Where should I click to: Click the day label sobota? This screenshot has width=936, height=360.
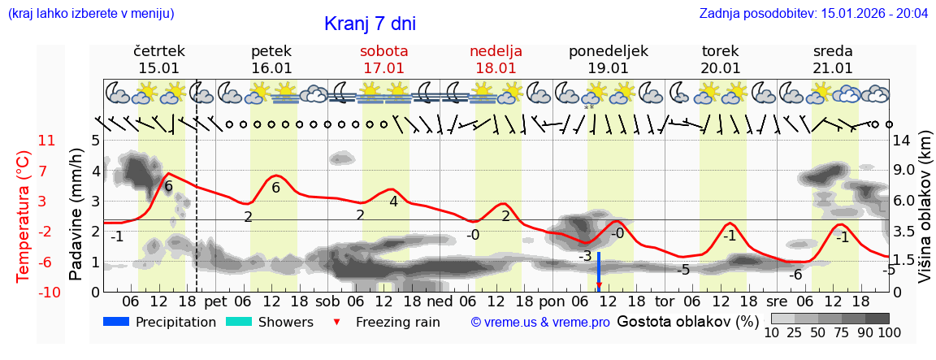click(383, 51)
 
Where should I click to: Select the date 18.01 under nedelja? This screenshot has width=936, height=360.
click(496, 68)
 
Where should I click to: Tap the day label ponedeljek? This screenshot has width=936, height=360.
click(609, 51)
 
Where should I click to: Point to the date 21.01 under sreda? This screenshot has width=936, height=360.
click(833, 68)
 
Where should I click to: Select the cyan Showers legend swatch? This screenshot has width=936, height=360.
click(239, 322)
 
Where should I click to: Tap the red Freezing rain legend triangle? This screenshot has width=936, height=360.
click(336, 323)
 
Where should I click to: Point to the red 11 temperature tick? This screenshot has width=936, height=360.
click(47, 141)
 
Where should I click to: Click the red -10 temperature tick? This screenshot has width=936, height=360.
click(47, 292)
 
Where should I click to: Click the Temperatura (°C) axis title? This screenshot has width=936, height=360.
click(24, 215)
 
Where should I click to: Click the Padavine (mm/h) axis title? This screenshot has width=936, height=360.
click(76, 215)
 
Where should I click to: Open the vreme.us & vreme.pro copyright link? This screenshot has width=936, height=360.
click(540, 323)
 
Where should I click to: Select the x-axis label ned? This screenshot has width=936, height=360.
click(440, 300)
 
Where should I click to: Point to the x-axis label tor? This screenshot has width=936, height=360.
click(665, 300)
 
